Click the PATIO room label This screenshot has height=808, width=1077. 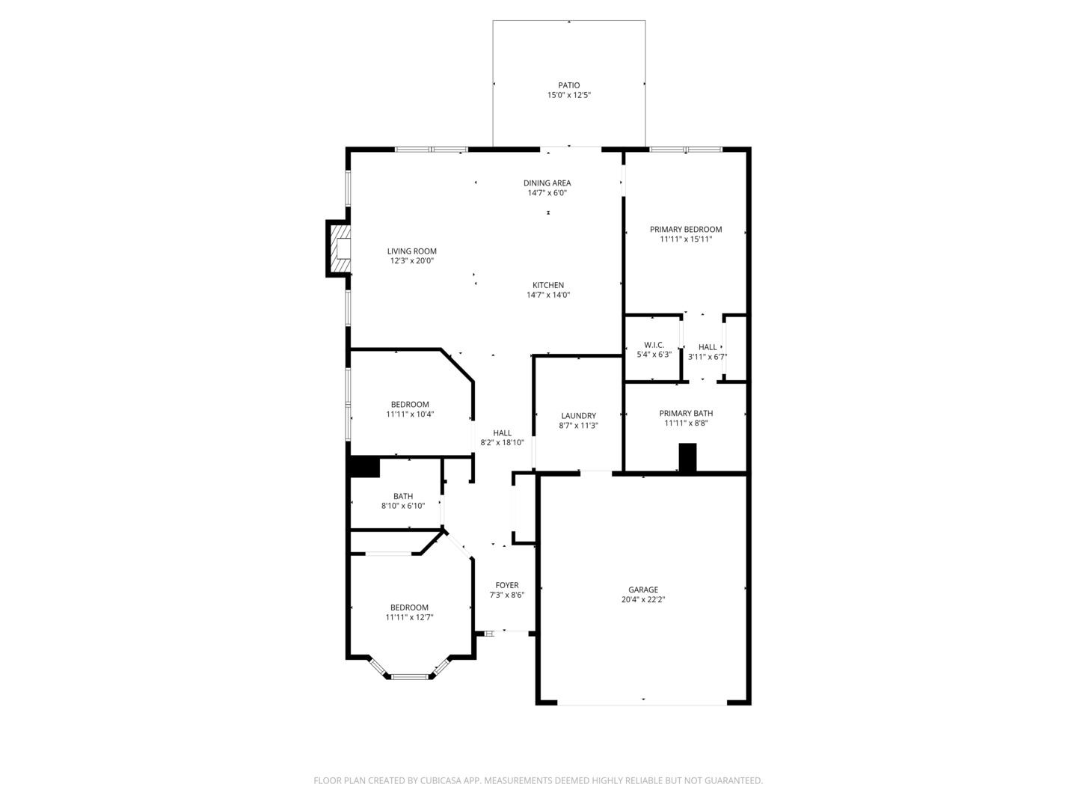(x=568, y=85)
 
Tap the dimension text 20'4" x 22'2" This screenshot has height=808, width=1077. (x=643, y=599)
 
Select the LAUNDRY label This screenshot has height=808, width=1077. (x=578, y=416)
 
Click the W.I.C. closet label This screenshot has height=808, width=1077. (x=654, y=345)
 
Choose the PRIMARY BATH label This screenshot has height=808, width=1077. (x=686, y=413)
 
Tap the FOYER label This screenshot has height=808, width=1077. (x=506, y=585)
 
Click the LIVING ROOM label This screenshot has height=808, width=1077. (x=411, y=251)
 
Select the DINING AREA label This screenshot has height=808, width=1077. (x=547, y=183)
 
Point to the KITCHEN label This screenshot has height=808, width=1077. (x=548, y=285)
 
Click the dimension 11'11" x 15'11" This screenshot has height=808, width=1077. (x=686, y=239)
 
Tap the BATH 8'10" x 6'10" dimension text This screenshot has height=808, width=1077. (x=403, y=506)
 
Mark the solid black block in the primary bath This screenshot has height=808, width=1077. (x=687, y=458)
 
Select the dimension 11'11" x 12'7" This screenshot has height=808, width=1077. (x=409, y=617)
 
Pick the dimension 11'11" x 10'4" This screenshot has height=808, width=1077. (x=410, y=414)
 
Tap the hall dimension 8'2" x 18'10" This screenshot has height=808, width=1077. (x=502, y=442)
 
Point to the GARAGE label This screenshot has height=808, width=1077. (x=643, y=590)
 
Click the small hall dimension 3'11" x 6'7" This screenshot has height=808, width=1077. (x=708, y=357)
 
